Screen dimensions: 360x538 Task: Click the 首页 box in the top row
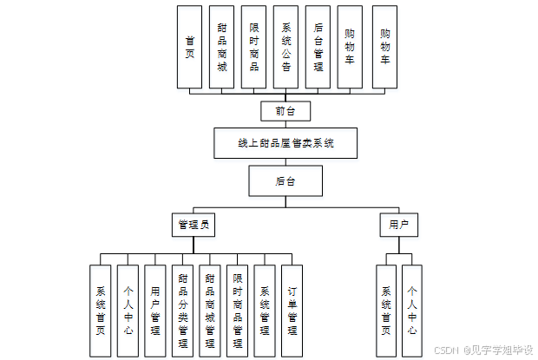point(189,47)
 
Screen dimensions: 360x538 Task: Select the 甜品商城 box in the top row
point(221,47)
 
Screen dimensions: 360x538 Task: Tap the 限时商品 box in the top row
point(253,47)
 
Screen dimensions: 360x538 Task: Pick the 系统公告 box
point(286,47)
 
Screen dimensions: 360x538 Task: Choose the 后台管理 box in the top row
point(318,47)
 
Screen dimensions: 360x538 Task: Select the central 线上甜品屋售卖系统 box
point(285,143)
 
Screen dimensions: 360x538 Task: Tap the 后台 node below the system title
point(285,181)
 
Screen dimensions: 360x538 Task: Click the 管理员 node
point(194,225)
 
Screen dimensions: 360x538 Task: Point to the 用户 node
point(398,225)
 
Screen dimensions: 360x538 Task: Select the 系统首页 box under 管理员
point(102,311)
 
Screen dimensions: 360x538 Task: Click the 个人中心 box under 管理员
point(128,311)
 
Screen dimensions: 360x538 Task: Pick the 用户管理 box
point(154,311)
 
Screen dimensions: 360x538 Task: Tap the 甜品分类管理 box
point(182,311)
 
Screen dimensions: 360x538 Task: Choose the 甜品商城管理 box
point(209,311)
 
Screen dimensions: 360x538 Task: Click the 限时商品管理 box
point(237,311)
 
